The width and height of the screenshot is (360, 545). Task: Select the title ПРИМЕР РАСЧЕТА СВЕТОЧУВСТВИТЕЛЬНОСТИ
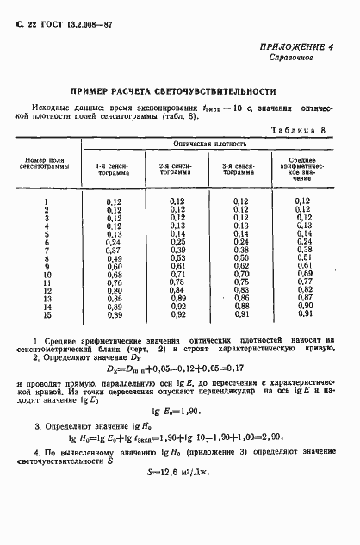180,90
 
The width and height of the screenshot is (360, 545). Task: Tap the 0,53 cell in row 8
178,257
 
